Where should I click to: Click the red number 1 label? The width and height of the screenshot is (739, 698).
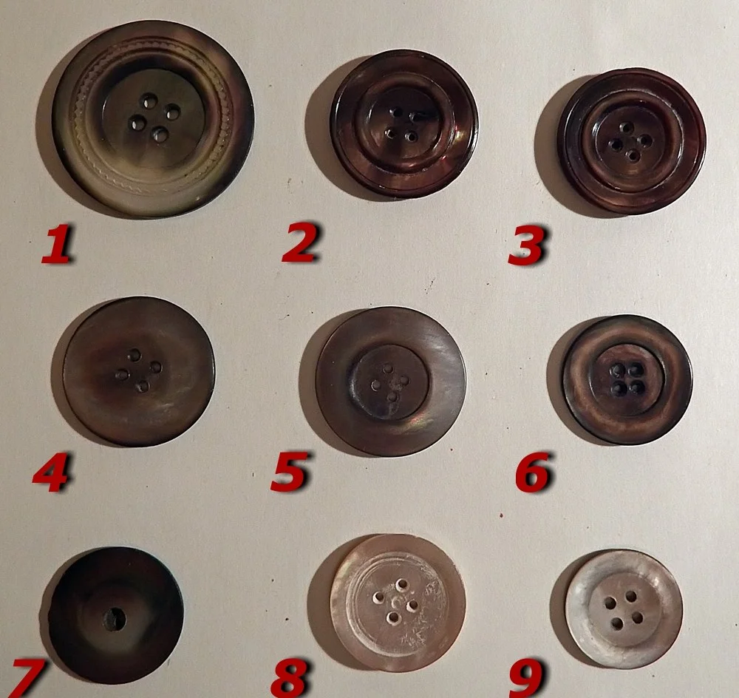[57, 244]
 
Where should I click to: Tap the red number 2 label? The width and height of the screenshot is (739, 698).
[301, 243]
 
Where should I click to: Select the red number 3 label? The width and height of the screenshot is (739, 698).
[527, 245]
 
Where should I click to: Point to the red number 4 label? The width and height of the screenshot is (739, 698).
[51, 472]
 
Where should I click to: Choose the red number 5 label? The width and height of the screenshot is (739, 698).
[290, 471]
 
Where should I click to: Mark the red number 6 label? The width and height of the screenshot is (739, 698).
[533, 472]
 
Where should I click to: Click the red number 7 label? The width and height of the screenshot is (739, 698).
[27, 678]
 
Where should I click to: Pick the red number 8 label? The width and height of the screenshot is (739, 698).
[290, 678]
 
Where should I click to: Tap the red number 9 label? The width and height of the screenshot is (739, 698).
[527, 678]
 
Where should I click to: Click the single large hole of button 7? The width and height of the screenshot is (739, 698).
[115, 619]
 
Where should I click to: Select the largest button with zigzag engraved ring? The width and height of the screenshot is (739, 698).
[153, 119]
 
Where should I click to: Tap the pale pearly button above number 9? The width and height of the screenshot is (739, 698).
[624, 609]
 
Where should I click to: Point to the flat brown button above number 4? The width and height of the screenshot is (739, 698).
[139, 371]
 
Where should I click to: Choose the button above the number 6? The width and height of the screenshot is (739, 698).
[627, 379]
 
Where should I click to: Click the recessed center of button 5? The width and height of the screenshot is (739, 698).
[391, 382]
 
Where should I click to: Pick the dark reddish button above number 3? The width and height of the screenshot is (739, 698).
[632, 140]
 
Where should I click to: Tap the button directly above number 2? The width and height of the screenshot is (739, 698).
[404, 123]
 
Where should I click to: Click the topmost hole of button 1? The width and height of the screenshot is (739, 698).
[149, 101]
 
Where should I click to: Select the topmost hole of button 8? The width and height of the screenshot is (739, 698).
[402, 585]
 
